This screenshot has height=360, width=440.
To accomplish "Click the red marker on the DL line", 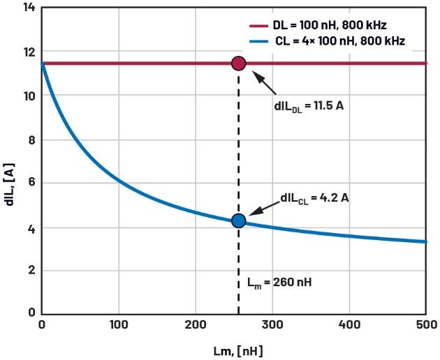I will pyautogui.click(x=238, y=63).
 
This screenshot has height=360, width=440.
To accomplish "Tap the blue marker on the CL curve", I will pyautogui.click(x=238, y=220).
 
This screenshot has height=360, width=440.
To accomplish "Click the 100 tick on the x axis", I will pyautogui.click(x=119, y=324).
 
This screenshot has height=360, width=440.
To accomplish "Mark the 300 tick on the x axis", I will pyautogui.click(x=272, y=324).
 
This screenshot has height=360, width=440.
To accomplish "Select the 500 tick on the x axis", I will pyautogui.click(x=425, y=324).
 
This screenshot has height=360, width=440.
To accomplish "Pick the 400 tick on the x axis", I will pyautogui.click(x=349, y=324).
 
